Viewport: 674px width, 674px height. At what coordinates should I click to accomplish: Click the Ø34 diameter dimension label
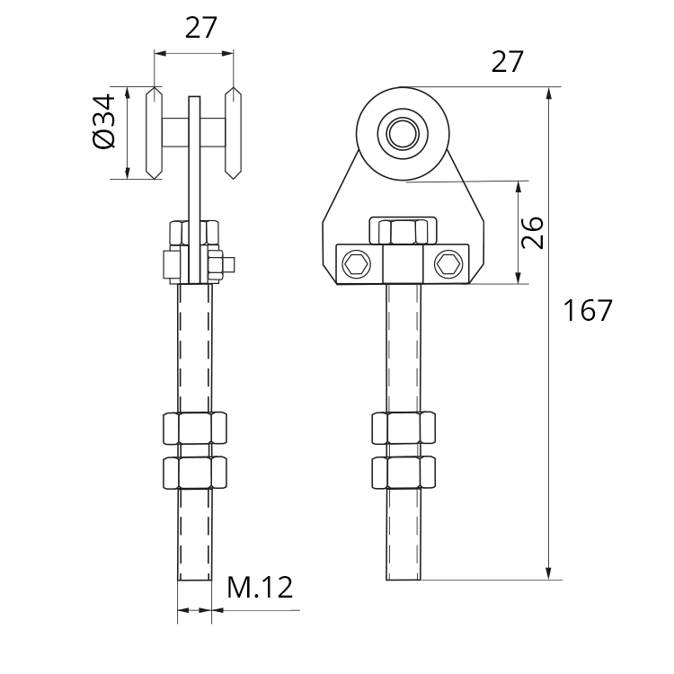coord(104,121)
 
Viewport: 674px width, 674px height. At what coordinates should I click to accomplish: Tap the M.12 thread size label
coord(260,588)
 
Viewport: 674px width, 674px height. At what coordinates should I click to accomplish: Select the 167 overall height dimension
coord(587,310)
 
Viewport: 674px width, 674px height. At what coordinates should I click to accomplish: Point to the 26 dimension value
coord(532,233)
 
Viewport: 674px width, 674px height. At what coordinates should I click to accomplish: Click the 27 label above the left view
coord(201,27)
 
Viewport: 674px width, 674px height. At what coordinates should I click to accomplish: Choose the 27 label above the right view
coord(508,61)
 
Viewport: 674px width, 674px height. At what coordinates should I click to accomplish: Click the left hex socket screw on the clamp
coord(357,263)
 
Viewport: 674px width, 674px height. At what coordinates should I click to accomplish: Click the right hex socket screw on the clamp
coord(448,263)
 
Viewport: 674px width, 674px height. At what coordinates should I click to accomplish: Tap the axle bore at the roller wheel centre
coord(403,134)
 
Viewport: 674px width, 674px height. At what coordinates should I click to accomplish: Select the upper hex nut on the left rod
coord(195,428)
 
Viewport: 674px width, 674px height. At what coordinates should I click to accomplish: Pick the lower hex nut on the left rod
coord(195,473)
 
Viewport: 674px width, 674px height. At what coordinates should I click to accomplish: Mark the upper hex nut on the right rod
coord(404,428)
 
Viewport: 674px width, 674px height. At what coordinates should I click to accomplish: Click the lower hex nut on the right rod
coord(404,473)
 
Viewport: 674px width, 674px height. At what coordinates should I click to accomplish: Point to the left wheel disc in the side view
coord(155,133)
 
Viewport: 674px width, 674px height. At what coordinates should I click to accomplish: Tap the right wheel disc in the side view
coord(233,133)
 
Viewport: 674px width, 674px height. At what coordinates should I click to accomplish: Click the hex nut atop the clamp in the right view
coord(404,232)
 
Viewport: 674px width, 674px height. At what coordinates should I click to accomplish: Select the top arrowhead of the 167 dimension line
coord(548,93)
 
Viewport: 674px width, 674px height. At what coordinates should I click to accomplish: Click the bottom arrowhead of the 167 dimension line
coord(548,573)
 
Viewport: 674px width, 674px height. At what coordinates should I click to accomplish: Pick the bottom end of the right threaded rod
coord(404,580)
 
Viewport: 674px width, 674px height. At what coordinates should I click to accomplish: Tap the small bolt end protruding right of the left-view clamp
coord(229,265)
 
